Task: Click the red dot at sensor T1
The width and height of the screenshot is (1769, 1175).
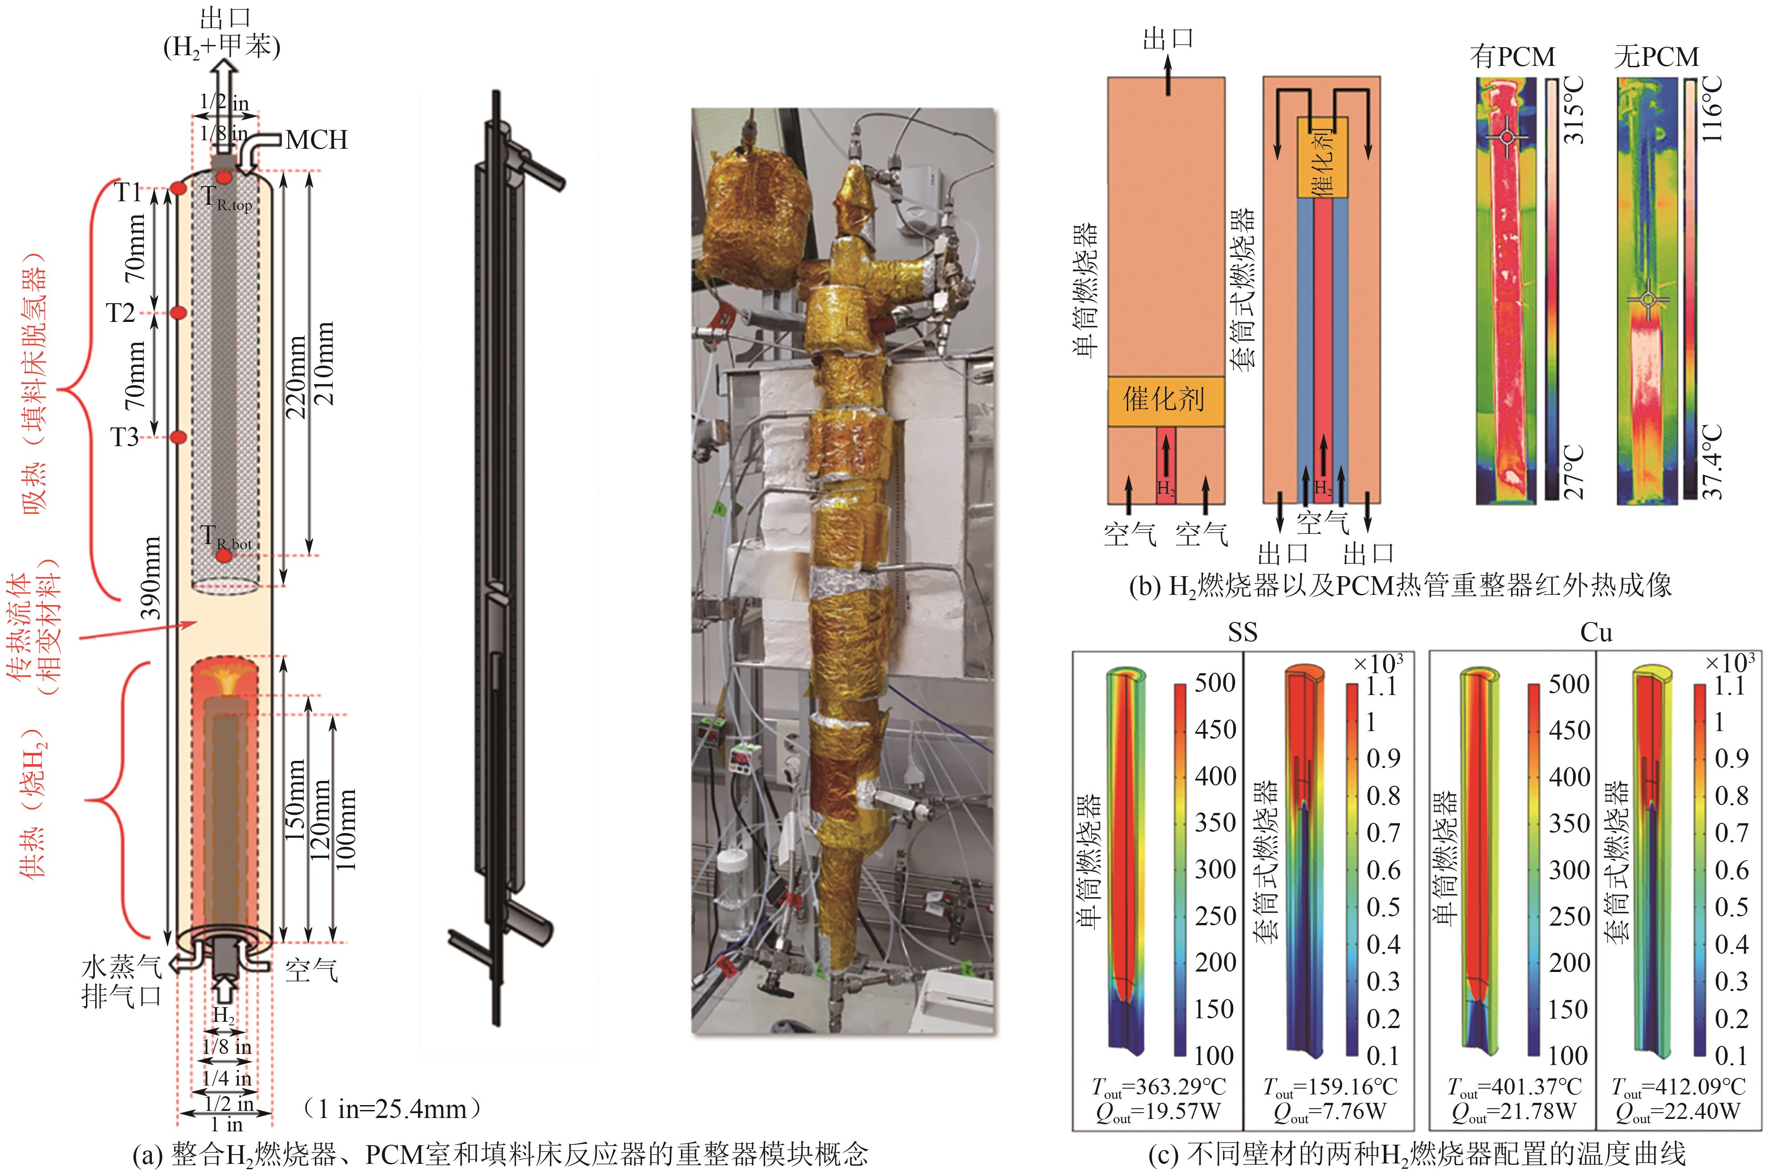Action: [179, 188]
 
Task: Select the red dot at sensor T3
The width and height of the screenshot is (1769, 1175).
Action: [179, 437]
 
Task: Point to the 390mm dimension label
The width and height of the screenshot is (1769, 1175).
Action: [151, 577]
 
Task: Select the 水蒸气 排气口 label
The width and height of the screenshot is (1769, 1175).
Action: [122, 982]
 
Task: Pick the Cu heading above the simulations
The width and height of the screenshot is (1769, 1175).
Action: [1596, 632]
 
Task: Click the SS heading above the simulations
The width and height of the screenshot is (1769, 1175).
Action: [1242, 632]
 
